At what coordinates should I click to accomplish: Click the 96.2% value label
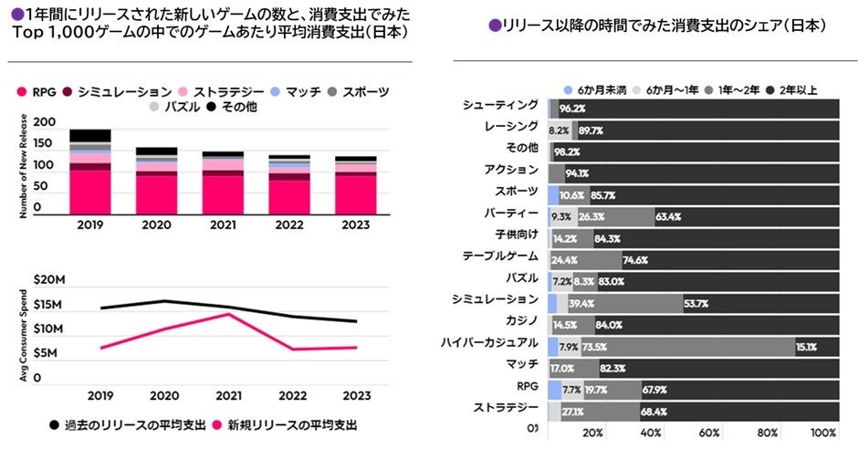point(572,109)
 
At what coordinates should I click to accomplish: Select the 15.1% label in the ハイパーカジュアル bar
point(806,347)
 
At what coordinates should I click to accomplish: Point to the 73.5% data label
point(595,347)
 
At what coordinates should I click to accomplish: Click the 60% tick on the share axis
point(707,433)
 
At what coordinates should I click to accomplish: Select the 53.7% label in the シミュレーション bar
point(696,303)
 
